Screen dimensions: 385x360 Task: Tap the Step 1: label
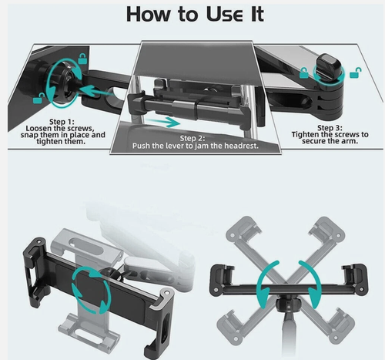(x=62, y=122)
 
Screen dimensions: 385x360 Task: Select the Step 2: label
(x=192, y=138)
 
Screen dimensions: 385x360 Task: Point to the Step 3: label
(x=330, y=128)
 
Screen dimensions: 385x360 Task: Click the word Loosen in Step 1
(x=38, y=128)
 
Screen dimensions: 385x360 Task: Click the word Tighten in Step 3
(x=305, y=134)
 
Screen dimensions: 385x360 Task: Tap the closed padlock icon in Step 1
(x=82, y=59)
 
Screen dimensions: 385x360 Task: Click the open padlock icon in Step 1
(x=38, y=98)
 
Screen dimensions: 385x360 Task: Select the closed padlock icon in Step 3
(x=303, y=72)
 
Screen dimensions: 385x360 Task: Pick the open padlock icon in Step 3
(x=356, y=72)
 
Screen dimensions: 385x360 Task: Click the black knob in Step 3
(x=328, y=66)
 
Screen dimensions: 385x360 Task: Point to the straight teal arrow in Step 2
(x=163, y=122)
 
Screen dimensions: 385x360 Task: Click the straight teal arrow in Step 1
(x=97, y=91)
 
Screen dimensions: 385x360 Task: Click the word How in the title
(x=148, y=14)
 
